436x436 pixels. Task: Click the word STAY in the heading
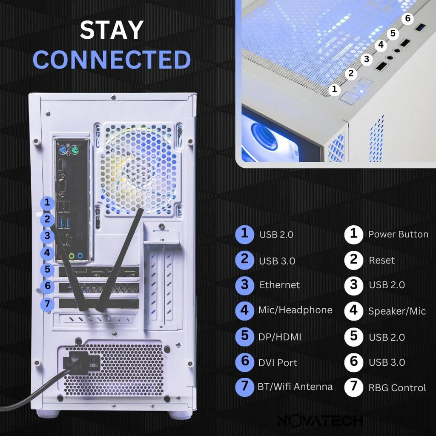pos(112,30)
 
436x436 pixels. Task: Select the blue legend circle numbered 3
pos(244,285)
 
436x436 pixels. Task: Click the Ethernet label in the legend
pos(279,285)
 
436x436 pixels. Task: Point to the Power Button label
pos(398,235)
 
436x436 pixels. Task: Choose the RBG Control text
pos(397,388)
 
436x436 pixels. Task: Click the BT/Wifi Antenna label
pos(295,387)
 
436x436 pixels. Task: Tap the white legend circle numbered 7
pos(353,387)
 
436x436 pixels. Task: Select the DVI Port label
pos(278,363)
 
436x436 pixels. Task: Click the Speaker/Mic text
pos(397,311)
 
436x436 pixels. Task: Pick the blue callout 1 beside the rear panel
pos(48,203)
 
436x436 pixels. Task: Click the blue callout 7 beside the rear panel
pos(48,304)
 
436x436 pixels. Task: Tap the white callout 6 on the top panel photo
pos(408,19)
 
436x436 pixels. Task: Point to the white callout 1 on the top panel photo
pos(334,89)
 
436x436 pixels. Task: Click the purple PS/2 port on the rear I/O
pos(62,150)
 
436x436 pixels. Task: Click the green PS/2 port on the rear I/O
pos(75,150)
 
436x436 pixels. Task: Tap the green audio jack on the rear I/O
pos(72,256)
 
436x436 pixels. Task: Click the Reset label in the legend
pos(381,260)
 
